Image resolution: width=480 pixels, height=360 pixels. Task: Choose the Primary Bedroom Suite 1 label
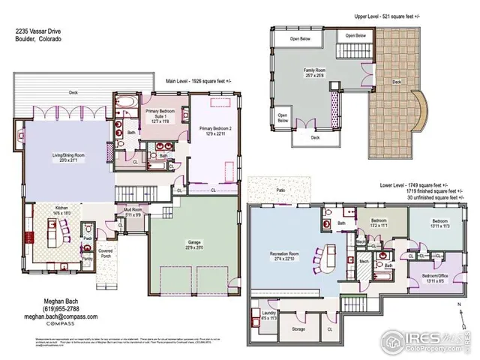[159, 117]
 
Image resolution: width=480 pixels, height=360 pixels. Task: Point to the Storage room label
[298, 328]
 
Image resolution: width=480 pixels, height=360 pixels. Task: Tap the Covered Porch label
[106, 253]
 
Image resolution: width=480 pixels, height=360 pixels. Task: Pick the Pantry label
[88, 259]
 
